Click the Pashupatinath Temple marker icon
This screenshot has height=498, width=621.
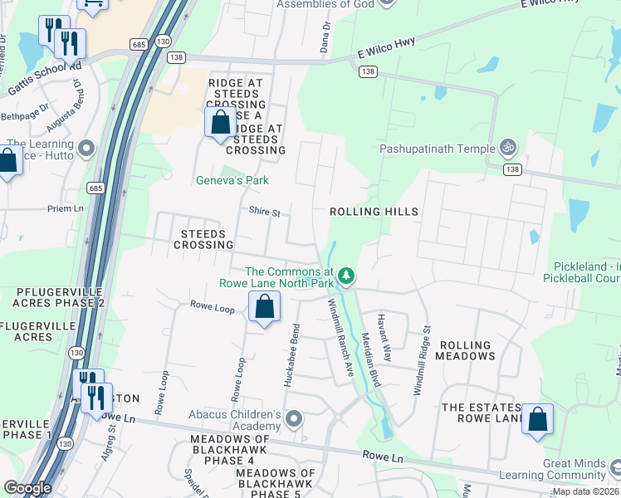508,149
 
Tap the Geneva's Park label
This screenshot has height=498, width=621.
232,180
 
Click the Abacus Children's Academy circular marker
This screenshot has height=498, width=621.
293,420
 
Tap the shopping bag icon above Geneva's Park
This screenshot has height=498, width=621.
221,124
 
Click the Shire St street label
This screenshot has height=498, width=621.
265,212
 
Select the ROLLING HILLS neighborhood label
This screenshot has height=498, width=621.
374,212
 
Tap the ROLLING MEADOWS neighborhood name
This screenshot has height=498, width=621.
467,350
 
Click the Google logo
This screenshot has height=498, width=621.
27,488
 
